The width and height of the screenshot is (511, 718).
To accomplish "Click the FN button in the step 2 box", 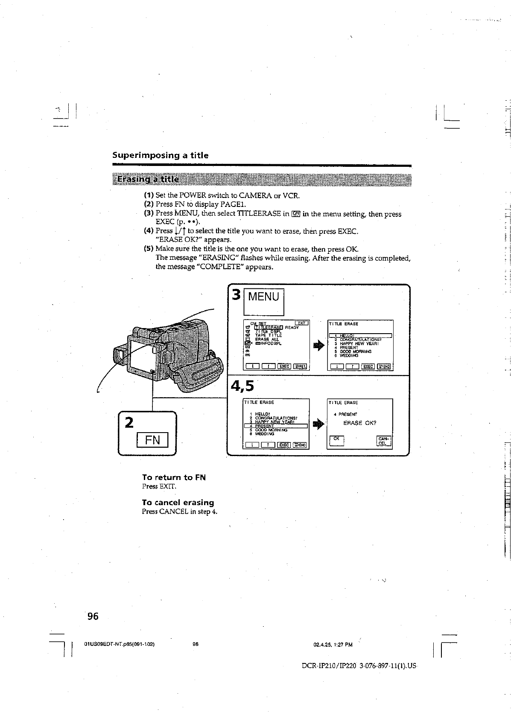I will tap(152, 439).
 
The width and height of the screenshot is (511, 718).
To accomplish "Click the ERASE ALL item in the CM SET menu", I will tap(267, 339).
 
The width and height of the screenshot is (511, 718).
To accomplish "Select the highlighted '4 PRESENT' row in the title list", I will tap(276, 426).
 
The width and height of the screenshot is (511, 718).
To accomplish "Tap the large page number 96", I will tap(93, 616).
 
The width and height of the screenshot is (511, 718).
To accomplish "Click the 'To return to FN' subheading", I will tap(174, 477).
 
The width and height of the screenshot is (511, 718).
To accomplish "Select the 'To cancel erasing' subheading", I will tap(178, 503).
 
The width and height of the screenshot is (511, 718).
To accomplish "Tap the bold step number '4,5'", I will tap(242, 386).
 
